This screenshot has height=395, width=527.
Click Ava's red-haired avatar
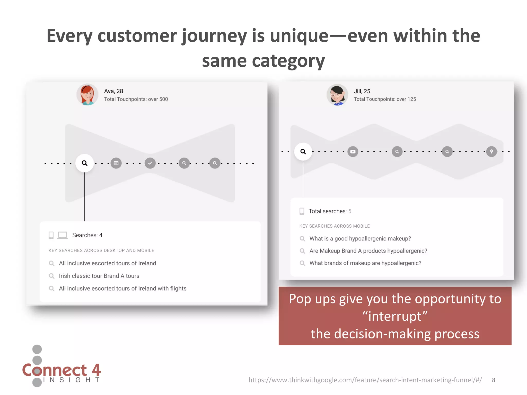(x=87, y=95)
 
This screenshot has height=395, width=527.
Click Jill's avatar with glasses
(x=337, y=95)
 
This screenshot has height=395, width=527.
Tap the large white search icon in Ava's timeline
(x=84, y=163)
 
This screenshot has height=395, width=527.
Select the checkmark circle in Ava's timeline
(x=150, y=163)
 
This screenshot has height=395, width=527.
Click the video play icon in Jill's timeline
(x=353, y=151)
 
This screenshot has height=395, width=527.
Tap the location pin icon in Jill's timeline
(x=491, y=151)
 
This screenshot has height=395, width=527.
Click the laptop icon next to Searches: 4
(x=63, y=235)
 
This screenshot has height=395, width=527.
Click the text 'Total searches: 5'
(x=330, y=211)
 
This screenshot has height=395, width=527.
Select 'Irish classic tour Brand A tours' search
(x=99, y=276)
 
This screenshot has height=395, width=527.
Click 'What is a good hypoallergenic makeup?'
(x=360, y=239)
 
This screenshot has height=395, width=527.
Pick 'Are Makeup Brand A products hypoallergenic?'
(x=368, y=251)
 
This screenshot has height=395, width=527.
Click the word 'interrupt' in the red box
(x=395, y=316)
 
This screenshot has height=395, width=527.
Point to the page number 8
(x=494, y=380)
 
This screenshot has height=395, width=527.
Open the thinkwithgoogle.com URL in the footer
(x=365, y=380)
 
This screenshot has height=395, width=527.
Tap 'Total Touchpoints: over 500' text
(x=136, y=99)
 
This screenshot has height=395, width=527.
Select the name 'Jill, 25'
(x=362, y=91)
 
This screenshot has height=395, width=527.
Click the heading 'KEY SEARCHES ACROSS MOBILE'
(x=335, y=226)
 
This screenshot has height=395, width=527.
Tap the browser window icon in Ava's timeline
(x=116, y=163)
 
